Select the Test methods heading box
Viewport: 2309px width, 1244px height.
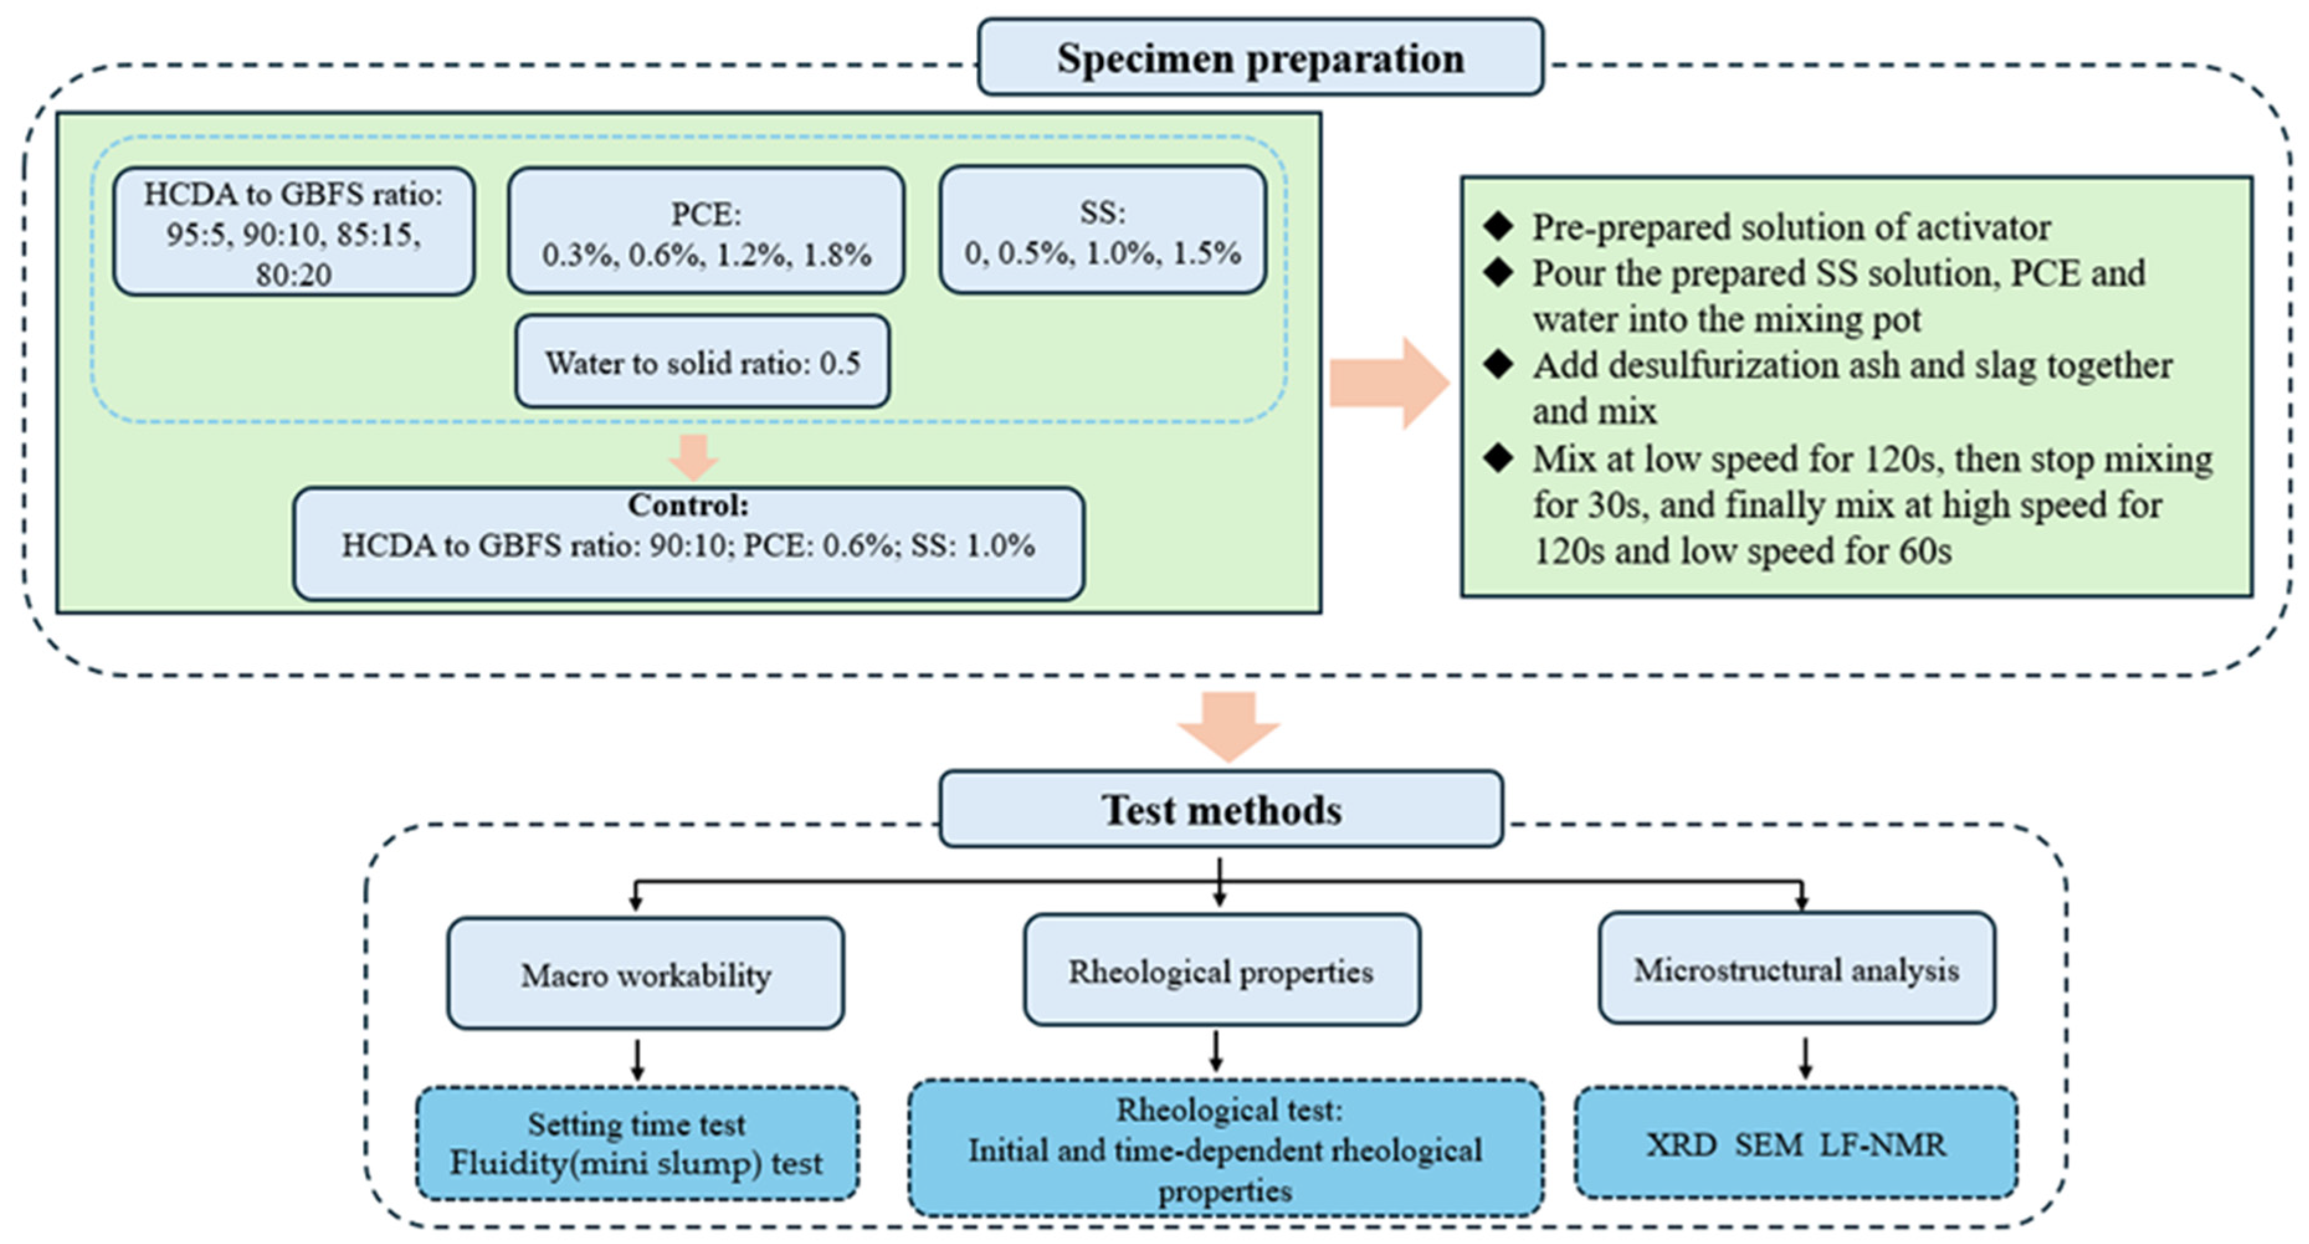tap(1221, 809)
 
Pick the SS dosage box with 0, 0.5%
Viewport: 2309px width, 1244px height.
tap(1102, 231)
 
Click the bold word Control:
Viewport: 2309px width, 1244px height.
tap(687, 506)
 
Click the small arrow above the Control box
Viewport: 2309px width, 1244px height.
tap(694, 457)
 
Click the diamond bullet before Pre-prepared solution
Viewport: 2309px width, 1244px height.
tap(1498, 226)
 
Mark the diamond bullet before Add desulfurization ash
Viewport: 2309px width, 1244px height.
tap(1498, 364)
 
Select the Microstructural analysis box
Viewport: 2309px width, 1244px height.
tap(1796, 969)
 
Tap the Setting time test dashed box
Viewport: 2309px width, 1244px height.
tap(637, 1143)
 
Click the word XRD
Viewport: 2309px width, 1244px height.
tap(1681, 1145)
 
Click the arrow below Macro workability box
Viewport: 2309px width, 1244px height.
tap(637, 1060)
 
